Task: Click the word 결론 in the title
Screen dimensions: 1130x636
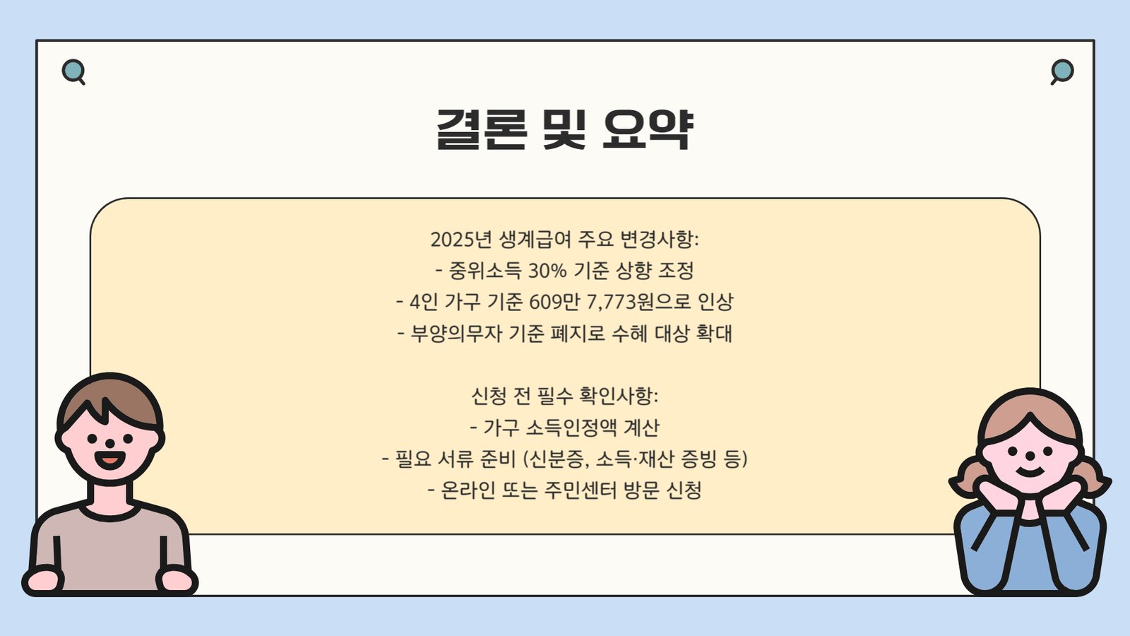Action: (x=482, y=129)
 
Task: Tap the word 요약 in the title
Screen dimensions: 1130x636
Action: (x=649, y=129)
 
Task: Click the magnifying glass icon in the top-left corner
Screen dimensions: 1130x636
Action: (x=73, y=72)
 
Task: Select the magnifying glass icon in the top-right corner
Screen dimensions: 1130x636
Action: (x=1062, y=72)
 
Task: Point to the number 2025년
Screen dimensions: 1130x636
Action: (x=460, y=240)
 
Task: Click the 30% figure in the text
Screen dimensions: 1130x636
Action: (x=547, y=271)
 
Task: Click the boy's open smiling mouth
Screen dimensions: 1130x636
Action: (x=110, y=459)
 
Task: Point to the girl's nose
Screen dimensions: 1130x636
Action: (x=1030, y=457)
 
